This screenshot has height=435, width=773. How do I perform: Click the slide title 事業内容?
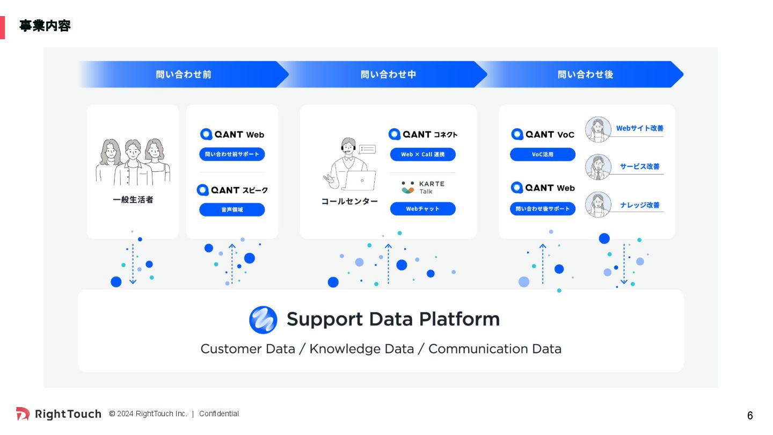point(45,26)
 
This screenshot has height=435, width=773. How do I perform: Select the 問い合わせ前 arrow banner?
point(184,74)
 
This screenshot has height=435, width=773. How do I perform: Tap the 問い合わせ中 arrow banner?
point(388,74)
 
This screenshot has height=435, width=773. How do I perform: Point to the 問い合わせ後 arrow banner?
point(585,74)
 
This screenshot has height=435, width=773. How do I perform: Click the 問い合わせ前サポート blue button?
point(232,154)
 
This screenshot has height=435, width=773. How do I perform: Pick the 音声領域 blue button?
point(232,209)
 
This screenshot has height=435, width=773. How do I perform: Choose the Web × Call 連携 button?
point(422,155)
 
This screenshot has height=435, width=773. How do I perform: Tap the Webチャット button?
point(422,209)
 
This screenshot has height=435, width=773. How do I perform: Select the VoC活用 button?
point(542,155)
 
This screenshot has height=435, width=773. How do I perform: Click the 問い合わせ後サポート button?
point(542,209)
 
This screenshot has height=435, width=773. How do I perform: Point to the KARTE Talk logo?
point(422,187)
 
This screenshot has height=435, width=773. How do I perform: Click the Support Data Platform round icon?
point(263,320)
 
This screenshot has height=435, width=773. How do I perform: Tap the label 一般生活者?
point(133,200)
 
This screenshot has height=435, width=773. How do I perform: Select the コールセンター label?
point(349,201)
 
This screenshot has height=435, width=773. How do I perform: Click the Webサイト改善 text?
point(639,128)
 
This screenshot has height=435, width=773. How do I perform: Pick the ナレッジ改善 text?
point(639,205)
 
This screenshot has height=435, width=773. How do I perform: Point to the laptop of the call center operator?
point(360,181)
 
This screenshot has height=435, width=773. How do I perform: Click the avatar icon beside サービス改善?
point(598,167)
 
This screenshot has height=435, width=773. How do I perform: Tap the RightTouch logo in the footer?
point(59,414)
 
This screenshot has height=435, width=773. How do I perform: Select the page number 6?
point(750,416)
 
